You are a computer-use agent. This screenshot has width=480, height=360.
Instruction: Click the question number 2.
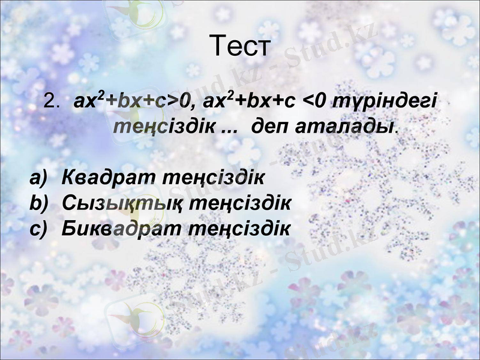[50, 103]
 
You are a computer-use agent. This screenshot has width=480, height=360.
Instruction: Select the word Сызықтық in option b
[122, 203]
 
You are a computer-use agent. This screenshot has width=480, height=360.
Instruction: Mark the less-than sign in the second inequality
[310, 103]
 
